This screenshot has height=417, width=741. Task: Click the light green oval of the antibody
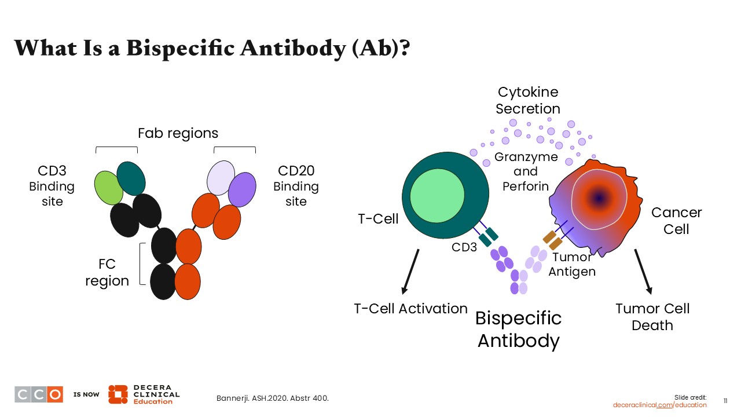pos(108,188)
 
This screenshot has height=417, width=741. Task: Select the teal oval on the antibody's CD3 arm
pos(131,178)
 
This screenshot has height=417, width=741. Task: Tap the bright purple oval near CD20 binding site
pos(242,189)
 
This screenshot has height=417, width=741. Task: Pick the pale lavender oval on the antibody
pos(221,178)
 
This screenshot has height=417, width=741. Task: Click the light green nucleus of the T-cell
pos(437,196)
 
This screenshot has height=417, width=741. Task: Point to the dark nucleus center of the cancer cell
pos(599,199)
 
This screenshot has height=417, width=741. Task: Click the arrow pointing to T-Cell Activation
pos(410,272)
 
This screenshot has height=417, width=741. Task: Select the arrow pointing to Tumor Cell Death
pos(643,272)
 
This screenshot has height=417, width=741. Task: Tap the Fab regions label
pos(178,133)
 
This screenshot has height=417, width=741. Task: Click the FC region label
pos(107,272)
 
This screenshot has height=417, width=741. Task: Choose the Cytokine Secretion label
pos(528,100)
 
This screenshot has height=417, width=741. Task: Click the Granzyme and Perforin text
pos(526,171)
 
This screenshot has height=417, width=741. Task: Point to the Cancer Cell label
pos(677,221)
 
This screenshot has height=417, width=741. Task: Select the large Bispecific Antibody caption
pos(518,330)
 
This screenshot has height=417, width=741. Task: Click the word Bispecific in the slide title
pos(181,48)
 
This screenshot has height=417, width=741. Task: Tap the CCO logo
pos(39,394)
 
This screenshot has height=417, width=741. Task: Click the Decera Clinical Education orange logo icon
pos(118,394)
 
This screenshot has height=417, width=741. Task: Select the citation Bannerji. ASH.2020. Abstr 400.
pos(273,398)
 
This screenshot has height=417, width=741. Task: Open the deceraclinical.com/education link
pos(659,405)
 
